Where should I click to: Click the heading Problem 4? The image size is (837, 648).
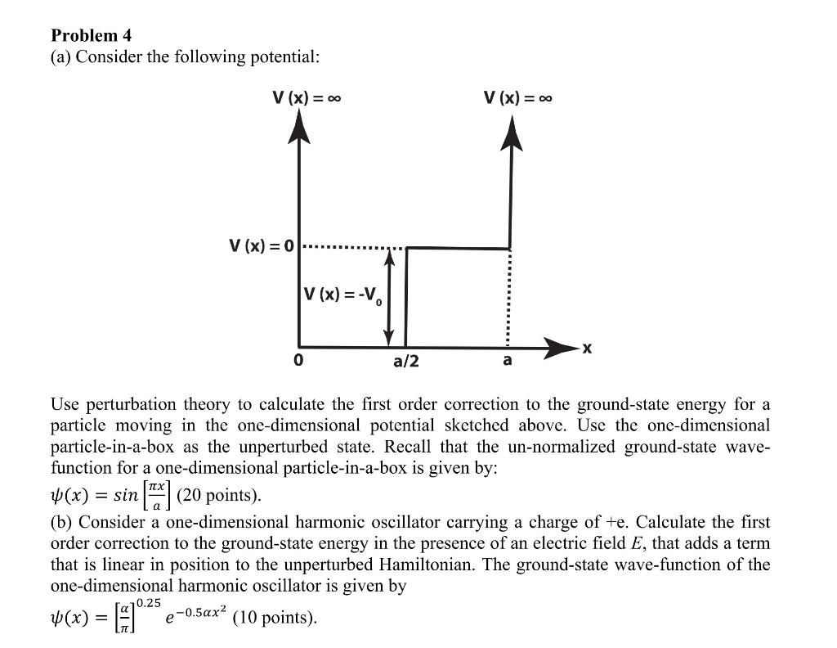(91, 35)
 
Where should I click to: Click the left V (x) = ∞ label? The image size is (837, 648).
(307, 98)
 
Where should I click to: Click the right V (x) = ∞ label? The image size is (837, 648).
(517, 98)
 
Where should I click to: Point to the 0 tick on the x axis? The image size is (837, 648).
(299, 360)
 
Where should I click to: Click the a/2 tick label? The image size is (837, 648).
(406, 361)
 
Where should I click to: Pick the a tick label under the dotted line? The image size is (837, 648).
(508, 360)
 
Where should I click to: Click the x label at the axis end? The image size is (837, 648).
(587, 349)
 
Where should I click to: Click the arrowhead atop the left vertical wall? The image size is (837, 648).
(300, 127)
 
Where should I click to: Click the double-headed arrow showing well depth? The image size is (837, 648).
(390, 297)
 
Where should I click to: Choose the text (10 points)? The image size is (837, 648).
(275, 617)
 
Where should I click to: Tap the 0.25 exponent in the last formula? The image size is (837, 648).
(148, 602)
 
